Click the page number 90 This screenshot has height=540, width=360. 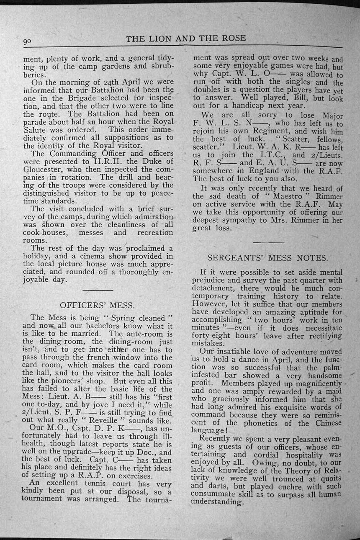pyautogui.click(x=28, y=41)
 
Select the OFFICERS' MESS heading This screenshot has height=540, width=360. pyautogui.click(x=97, y=304)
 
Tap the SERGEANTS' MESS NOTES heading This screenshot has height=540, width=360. pyautogui.click(x=268, y=257)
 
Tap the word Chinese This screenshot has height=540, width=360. pyautogui.click(x=326, y=422)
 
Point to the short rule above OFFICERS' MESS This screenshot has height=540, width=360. pyautogui.click(x=98, y=290)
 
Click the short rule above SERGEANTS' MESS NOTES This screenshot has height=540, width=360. pyautogui.click(x=268, y=242)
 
